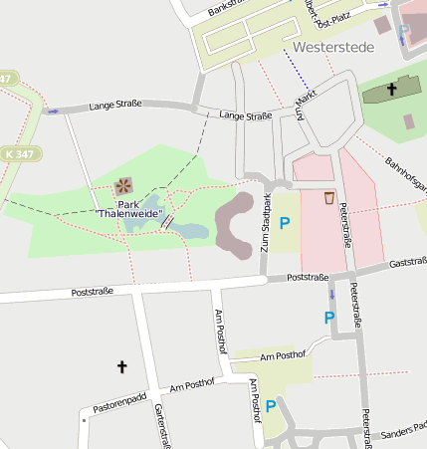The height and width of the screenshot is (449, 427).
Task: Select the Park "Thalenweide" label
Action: pos(129,208)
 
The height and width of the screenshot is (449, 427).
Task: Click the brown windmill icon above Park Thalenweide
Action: pos(123,185)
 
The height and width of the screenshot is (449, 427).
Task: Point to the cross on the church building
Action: pos(391,91)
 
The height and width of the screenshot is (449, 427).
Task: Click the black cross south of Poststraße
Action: pos(122,367)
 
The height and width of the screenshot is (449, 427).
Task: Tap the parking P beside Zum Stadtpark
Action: pos(285,224)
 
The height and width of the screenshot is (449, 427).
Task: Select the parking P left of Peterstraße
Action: pos(329,318)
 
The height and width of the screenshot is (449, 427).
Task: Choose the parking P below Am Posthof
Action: pos(270,405)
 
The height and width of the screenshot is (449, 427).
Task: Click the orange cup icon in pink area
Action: pos(328,197)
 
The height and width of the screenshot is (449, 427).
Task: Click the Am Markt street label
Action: pos(302,102)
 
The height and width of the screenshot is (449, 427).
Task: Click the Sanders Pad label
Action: pos(403,433)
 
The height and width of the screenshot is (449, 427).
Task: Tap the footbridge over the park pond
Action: pos(167,221)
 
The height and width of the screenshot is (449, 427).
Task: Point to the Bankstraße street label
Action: pos(226,8)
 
